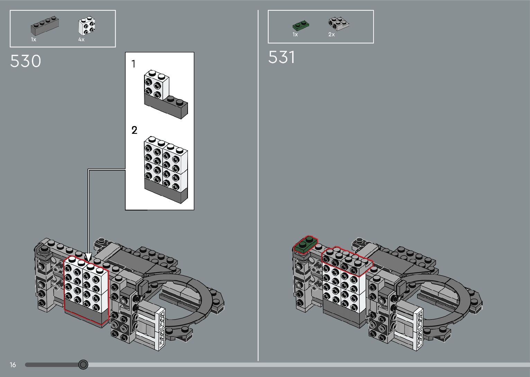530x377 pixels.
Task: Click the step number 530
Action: (26, 61)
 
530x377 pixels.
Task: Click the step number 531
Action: (281, 57)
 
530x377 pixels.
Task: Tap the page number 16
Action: (13, 365)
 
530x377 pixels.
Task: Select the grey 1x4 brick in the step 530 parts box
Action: (45, 25)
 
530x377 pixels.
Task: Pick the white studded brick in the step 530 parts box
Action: (87, 26)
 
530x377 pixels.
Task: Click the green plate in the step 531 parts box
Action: (300, 26)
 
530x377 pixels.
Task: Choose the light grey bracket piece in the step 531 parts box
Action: (338, 24)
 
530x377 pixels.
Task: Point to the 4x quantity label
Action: (81, 40)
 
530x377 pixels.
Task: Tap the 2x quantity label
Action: (331, 35)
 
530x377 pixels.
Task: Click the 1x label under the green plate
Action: (295, 35)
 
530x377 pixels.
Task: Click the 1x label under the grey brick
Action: (34, 40)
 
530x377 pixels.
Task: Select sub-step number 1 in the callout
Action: (134, 64)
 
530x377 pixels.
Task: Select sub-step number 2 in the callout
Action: (134, 130)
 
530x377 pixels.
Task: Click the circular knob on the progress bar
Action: (83, 365)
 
